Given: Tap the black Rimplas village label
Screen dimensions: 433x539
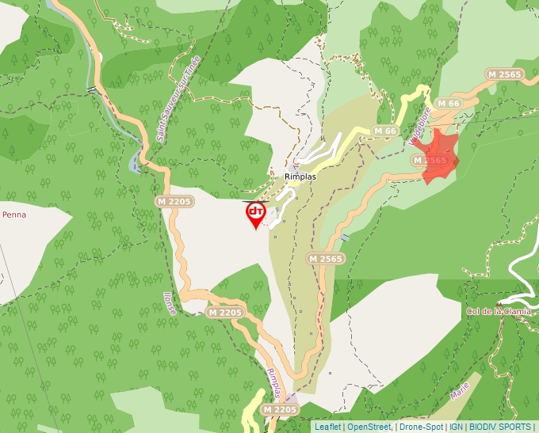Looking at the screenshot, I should (x=300, y=177).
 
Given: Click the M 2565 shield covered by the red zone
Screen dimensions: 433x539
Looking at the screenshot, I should (x=433, y=161).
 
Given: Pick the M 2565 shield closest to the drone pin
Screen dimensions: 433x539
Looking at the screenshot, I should (x=325, y=259).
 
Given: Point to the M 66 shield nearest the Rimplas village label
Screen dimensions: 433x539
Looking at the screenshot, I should (x=384, y=131).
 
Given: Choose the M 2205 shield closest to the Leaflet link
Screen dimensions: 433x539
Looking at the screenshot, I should (x=279, y=409).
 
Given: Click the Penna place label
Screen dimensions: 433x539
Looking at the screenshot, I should (x=13, y=215).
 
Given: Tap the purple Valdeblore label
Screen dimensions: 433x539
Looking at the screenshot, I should (x=419, y=127).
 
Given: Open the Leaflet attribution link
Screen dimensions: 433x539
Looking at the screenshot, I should (x=328, y=427).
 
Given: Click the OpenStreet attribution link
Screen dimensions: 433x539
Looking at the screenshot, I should (x=369, y=427).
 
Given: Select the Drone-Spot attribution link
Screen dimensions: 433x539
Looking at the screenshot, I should (x=421, y=427).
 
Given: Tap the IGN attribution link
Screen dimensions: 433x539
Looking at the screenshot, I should (x=456, y=427).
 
